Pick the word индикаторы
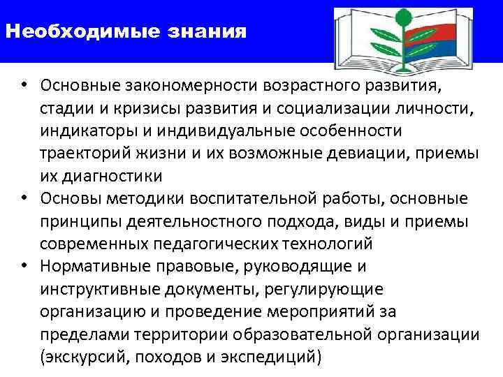[x=82, y=131]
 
